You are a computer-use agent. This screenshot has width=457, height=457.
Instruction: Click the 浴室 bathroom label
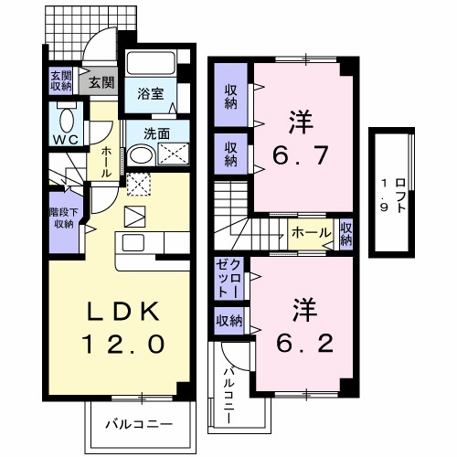150,92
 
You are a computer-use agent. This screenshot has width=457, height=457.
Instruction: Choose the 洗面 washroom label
156,133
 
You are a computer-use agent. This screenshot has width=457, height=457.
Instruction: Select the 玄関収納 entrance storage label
59,81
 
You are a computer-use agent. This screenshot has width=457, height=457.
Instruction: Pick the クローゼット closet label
228,278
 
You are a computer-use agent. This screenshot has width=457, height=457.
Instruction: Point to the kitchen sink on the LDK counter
133,243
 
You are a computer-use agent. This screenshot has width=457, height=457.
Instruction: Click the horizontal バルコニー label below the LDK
137,424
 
